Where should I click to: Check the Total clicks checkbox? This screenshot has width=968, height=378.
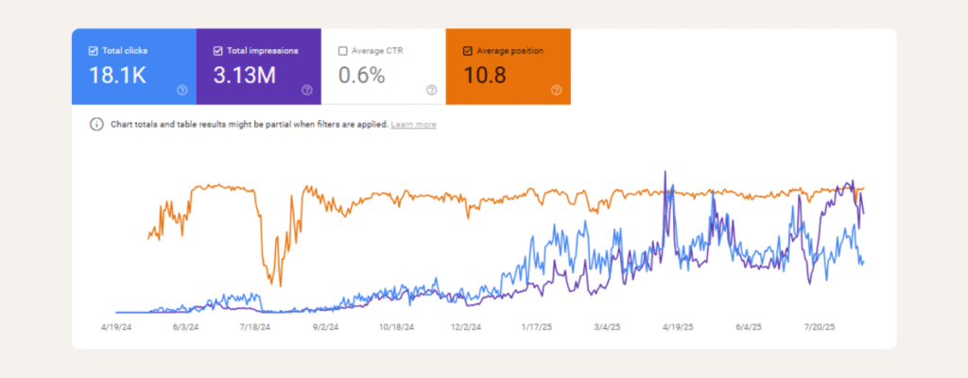coord(92,51)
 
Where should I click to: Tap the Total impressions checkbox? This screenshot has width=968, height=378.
coord(218,51)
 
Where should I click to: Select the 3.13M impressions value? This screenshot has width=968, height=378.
coord(244,75)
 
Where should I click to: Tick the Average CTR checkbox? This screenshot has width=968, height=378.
coord(343,51)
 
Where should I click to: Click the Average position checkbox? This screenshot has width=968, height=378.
coord(468,51)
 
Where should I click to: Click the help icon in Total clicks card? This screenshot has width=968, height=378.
coord(181,91)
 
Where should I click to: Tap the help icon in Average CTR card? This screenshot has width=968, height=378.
coord(431,91)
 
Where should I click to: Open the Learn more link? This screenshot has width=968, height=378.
coord(413,125)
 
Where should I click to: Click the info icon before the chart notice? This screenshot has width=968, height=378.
coord(95,125)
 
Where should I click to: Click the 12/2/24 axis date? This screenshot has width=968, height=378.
coord(465,328)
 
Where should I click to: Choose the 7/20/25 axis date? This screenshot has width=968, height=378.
coord(819,328)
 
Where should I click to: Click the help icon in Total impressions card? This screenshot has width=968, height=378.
coord(306,91)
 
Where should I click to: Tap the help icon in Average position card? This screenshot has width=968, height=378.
coord(556,91)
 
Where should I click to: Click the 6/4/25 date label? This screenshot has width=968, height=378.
coord(749,328)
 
